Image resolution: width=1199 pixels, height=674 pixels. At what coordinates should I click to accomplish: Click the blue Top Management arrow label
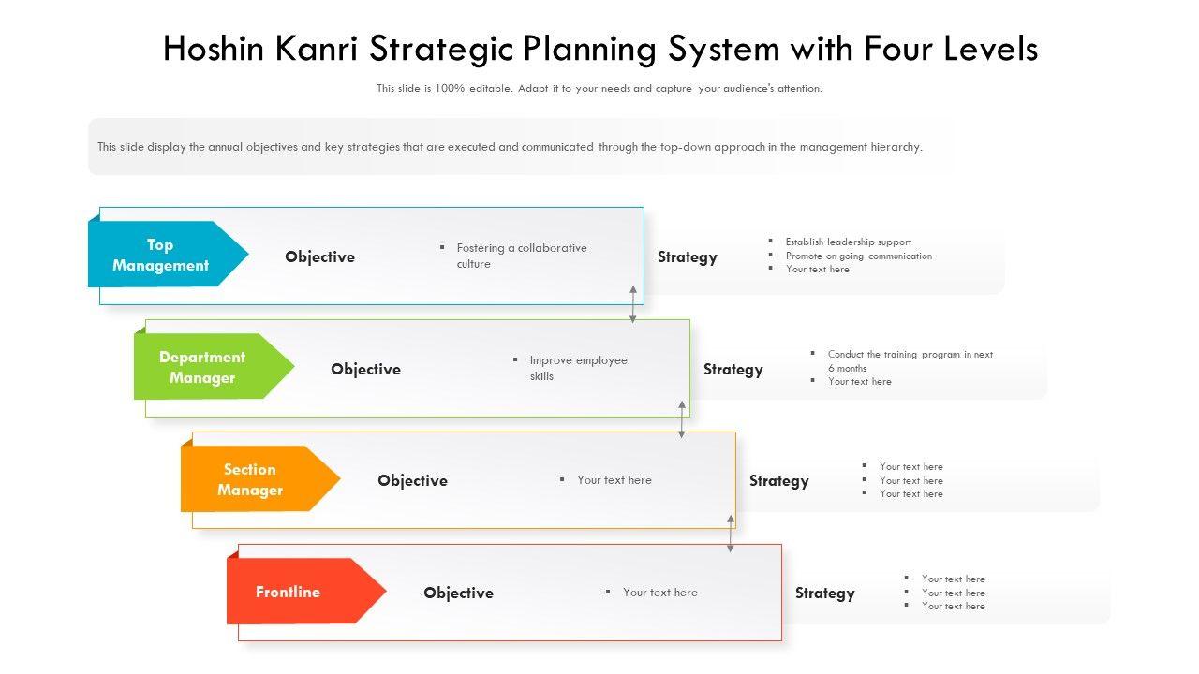[x=161, y=255]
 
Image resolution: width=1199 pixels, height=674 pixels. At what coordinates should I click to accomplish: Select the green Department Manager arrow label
[x=203, y=367]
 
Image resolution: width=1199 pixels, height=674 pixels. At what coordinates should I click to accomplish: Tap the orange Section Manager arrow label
[x=250, y=479]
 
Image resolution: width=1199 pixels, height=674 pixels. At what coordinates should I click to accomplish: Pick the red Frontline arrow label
[x=289, y=592]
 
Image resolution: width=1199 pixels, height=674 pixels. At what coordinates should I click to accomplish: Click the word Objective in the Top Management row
[x=320, y=256]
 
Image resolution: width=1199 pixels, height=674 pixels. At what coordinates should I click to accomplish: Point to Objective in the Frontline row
[x=458, y=593]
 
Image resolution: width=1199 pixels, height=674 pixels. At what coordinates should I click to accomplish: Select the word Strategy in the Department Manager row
[x=733, y=369]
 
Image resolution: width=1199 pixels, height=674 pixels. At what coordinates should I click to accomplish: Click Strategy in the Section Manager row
[x=779, y=480]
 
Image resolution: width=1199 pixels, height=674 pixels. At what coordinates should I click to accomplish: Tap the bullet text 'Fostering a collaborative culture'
[x=521, y=256]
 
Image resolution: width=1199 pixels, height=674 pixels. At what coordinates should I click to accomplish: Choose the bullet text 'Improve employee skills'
[x=578, y=368]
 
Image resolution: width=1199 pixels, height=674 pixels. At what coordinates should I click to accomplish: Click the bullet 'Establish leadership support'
[x=848, y=242]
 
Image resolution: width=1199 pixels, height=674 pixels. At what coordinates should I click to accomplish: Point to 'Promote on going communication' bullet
[x=859, y=256]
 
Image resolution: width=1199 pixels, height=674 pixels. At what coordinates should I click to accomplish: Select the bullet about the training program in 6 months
[x=910, y=360]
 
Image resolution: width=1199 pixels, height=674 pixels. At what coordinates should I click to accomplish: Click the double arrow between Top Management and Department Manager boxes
[x=633, y=304]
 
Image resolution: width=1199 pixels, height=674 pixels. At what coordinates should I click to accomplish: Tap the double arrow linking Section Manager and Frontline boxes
[x=731, y=533]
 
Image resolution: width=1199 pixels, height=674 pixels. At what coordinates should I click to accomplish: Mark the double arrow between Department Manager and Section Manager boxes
[x=682, y=420]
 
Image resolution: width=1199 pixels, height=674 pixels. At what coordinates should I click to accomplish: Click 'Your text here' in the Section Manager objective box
[x=614, y=480]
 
